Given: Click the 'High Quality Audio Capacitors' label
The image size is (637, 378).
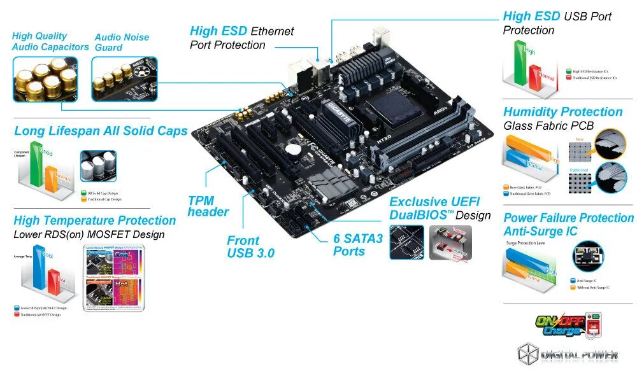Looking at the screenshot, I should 50,41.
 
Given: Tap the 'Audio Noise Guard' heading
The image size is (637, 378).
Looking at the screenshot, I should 122,42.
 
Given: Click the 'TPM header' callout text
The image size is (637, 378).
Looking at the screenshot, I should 208,206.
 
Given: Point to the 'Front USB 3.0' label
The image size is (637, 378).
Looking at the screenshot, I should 250,246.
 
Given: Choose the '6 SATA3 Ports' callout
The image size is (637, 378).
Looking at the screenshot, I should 358,244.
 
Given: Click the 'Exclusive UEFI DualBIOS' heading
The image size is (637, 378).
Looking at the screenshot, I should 440,208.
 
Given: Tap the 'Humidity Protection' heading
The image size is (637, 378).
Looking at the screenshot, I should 562,112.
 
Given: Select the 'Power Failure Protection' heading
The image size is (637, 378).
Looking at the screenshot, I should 568,218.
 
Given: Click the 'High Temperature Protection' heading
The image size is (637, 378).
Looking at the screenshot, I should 94,220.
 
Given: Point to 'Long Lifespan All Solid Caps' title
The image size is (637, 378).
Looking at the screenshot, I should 101,131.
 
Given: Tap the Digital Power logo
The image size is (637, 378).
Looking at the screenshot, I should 567,354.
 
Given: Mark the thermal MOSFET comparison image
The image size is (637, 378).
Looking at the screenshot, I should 113,278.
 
